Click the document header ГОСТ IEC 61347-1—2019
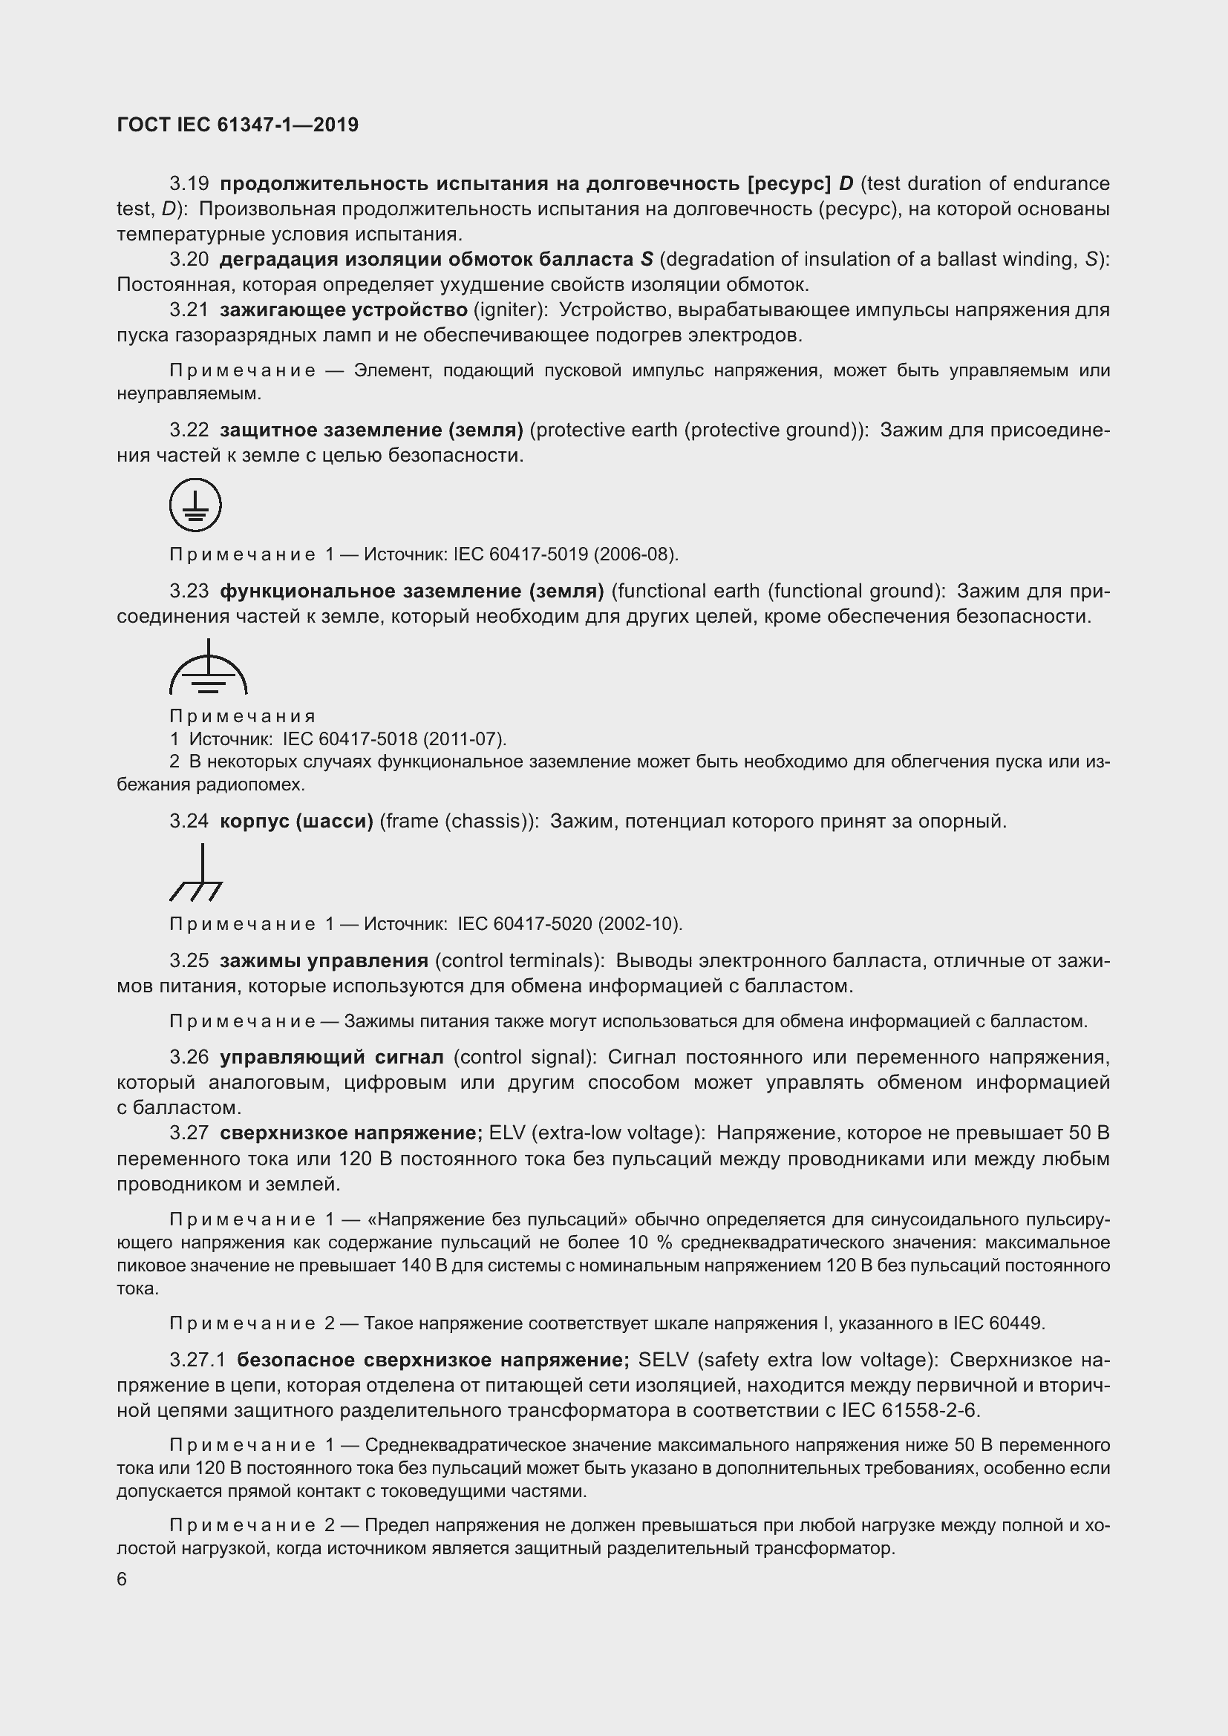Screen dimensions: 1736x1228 tap(238, 125)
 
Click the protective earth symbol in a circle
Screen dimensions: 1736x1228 tap(195, 504)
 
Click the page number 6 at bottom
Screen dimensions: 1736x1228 tap(122, 1579)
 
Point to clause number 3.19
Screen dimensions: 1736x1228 tap(189, 184)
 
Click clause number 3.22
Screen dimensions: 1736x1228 tap(189, 430)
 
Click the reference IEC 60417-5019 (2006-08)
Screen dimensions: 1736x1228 tap(566, 554)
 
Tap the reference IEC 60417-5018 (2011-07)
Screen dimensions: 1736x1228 tap(394, 738)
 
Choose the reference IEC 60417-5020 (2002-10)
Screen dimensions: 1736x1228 tap(569, 924)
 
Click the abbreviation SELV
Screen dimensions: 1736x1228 tap(663, 1360)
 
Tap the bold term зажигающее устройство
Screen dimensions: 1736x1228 tap(343, 310)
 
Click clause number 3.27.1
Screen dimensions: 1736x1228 tap(197, 1360)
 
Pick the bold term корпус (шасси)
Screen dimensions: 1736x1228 tap(296, 821)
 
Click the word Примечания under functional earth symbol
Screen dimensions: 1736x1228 tap(242, 716)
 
